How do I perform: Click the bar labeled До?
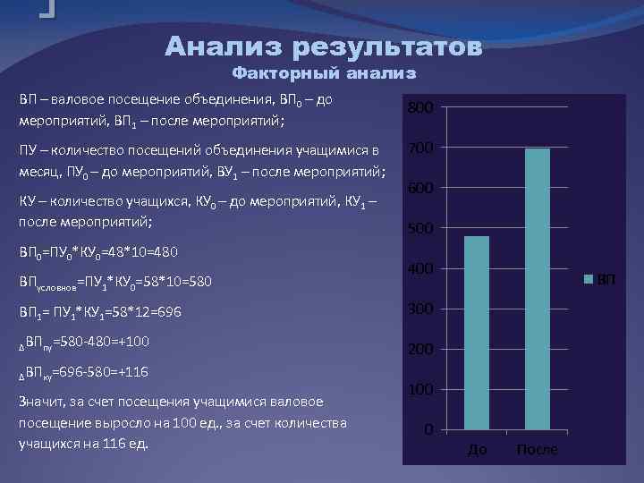[x=477, y=333]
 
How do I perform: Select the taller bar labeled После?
[x=538, y=289]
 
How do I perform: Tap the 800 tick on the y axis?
[x=421, y=108]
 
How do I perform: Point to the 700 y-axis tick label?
[x=421, y=148]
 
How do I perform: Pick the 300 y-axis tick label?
[x=421, y=309]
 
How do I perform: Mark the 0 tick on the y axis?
[x=429, y=431]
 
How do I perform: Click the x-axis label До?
[x=478, y=449]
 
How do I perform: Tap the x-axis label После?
[x=538, y=449]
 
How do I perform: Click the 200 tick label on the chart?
[x=421, y=350]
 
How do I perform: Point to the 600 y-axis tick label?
[x=421, y=189]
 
